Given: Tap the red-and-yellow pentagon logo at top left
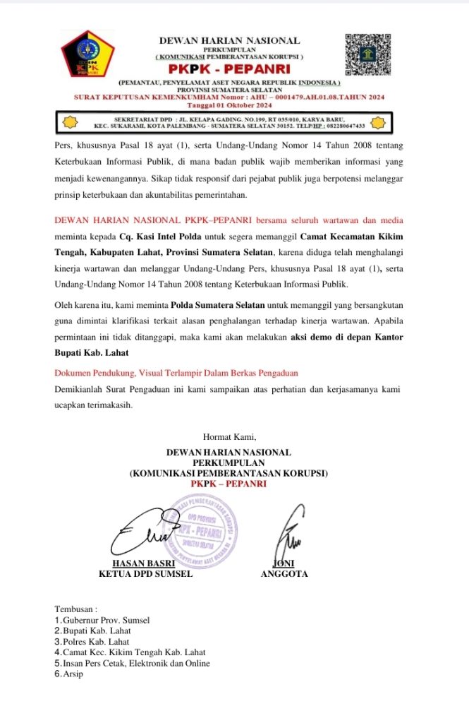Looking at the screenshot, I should coord(87,52).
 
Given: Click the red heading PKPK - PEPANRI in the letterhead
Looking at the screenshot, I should coord(229,68).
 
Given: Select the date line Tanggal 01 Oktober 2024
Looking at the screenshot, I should coord(229,104).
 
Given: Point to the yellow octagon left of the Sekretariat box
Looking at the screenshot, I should coord(71,121).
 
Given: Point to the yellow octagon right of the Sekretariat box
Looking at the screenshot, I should coord(379,121).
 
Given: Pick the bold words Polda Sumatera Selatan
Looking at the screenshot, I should coord(217,306).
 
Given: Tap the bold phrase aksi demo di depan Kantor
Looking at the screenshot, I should coord(347,337).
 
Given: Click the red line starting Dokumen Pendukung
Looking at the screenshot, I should coord(176,372).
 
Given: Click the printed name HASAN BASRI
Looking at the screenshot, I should coord(144,563).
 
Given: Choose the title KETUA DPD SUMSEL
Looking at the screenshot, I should coord(145,574).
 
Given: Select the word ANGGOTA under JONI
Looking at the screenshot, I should coord(284,574).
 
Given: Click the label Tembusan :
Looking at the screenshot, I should coord(76,608).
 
